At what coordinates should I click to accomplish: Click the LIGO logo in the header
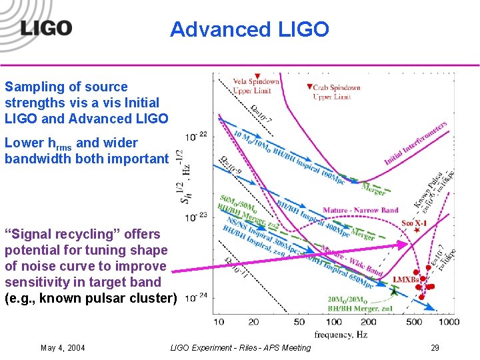click(x=45, y=28)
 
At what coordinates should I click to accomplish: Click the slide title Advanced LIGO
click(x=249, y=29)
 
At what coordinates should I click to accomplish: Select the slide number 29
click(x=435, y=347)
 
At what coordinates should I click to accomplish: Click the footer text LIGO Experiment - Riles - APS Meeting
click(x=240, y=347)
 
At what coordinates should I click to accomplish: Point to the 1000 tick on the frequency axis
click(x=448, y=322)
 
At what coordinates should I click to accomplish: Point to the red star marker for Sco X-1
click(x=417, y=230)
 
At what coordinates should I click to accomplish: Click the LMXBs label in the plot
click(x=406, y=280)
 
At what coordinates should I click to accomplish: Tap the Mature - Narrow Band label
click(x=360, y=211)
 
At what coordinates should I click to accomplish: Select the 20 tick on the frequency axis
click(x=253, y=322)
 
